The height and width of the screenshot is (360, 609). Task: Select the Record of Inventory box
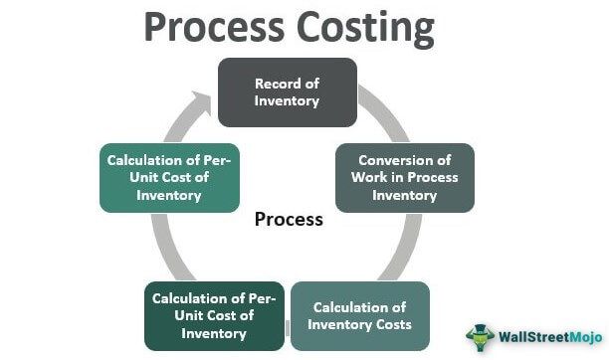pos(286,91)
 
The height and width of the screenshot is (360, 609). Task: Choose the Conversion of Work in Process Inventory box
pos(404,178)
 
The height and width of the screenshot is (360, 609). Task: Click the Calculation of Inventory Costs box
pos(359,315)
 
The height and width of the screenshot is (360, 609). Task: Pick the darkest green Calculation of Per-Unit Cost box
pos(213,315)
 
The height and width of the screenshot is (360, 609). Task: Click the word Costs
pos(391,324)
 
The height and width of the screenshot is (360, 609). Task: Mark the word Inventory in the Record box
pos(287,100)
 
